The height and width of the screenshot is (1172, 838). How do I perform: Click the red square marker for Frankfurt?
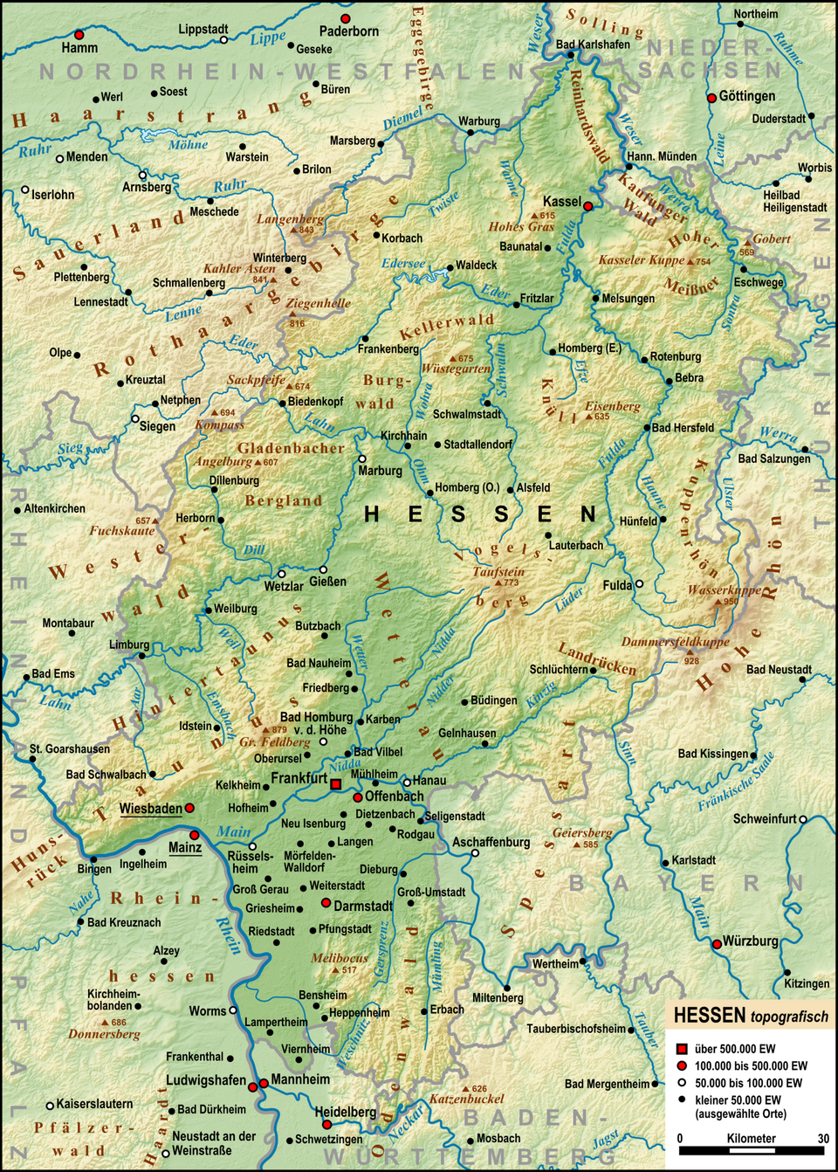pyautogui.click(x=336, y=784)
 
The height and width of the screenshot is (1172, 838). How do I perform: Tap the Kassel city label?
pyautogui.click(x=561, y=202)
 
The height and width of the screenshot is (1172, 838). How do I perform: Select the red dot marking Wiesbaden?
pyautogui.click(x=189, y=809)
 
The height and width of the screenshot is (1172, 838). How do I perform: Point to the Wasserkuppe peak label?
pyautogui.click(x=723, y=589)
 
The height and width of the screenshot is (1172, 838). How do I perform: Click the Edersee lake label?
pyautogui.click(x=403, y=264)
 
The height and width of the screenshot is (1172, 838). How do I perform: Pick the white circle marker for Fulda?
pyautogui.click(x=639, y=584)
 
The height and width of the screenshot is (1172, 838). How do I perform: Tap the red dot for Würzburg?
pyautogui.click(x=717, y=943)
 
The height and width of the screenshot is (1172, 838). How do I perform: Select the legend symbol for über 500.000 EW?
pyautogui.click(x=682, y=1049)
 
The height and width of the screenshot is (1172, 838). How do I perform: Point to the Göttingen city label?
pyautogui.click(x=746, y=96)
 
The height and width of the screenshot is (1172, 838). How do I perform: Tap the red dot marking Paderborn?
pyautogui.click(x=346, y=18)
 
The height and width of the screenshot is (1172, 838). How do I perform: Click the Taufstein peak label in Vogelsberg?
pyautogui.click(x=498, y=571)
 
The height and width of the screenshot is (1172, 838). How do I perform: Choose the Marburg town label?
pyautogui.click(x=381, y=471)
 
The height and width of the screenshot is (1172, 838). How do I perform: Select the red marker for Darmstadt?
pyautogui.click(x=326, y=903)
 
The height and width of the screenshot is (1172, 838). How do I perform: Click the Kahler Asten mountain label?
pyautogui.click(x=239, y=268)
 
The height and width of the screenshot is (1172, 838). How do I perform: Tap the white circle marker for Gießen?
pyautogui.click(x=323, y=569)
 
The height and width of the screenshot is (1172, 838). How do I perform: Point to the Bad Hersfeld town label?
pyautogui.click(x=683, y=428)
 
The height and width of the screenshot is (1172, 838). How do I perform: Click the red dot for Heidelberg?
pyautogui.click(x=326, y=1125)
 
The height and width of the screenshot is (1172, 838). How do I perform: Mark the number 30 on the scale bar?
pyautogui.click(x=823, y=1138)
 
